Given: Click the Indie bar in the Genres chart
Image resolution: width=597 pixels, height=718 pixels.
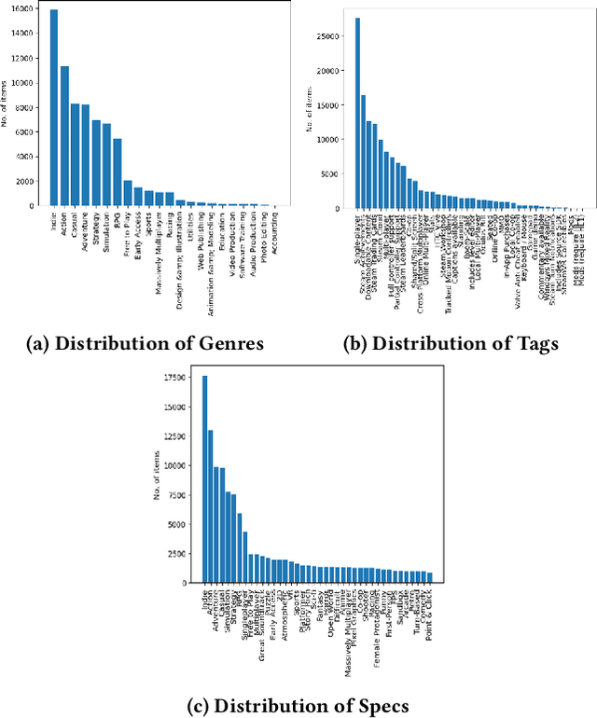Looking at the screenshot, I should tap(54, 107).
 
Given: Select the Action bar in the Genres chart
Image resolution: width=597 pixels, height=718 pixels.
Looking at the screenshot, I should tap(64, 136).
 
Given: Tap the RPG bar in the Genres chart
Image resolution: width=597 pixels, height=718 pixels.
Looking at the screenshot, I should tap(118, 172).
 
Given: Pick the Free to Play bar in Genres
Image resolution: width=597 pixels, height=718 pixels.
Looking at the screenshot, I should tap(128, 193).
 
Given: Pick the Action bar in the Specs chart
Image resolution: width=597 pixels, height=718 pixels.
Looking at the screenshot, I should tap(211, 505).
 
